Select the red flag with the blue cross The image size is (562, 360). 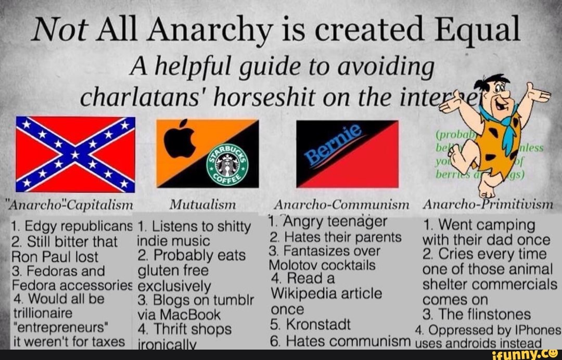75,154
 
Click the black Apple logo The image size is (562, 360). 180,138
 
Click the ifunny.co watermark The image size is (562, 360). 526,355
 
